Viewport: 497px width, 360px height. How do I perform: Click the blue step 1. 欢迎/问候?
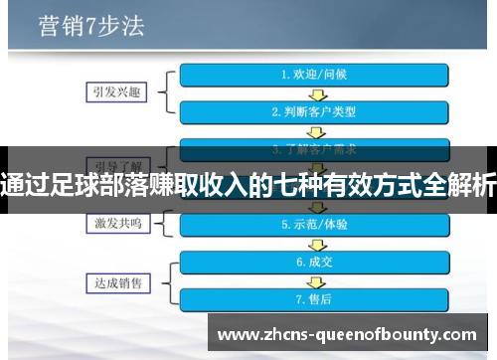point(314,76)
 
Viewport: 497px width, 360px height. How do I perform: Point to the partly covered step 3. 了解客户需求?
point(314,148)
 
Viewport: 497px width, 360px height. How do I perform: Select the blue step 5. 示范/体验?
point(314,225)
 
